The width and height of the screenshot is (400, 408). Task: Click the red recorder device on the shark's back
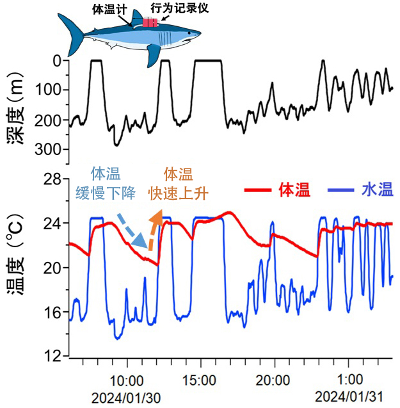150,22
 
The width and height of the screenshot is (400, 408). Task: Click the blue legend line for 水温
340,190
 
